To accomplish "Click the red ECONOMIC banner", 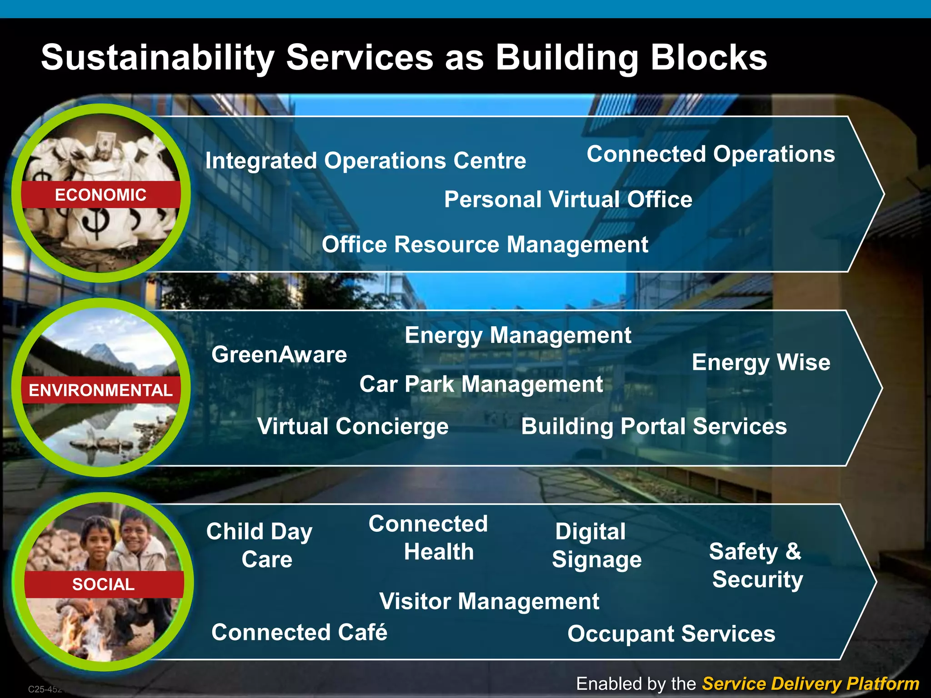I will [100, 195].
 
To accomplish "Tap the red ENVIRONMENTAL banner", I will [100, 390].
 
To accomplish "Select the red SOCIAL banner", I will [104, 584].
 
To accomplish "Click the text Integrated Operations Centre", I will [365, 161].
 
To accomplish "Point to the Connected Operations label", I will [711, 154].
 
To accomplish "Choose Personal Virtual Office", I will [568, 199].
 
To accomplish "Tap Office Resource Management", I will [485, 244].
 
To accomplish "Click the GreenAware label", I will [279, 354].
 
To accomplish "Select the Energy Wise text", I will [761, 363].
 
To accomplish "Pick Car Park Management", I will [481, 384].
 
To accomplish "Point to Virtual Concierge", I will [353, 427].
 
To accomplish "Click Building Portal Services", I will [654, 427].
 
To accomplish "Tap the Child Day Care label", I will [260, 545].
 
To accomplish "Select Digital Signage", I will [596, 545].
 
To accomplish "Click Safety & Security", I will [756, 565].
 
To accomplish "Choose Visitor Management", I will [489, 602].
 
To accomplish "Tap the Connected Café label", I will [299, 633].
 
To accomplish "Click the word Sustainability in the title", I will [157, 58].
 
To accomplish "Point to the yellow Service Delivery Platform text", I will [811, 683].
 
